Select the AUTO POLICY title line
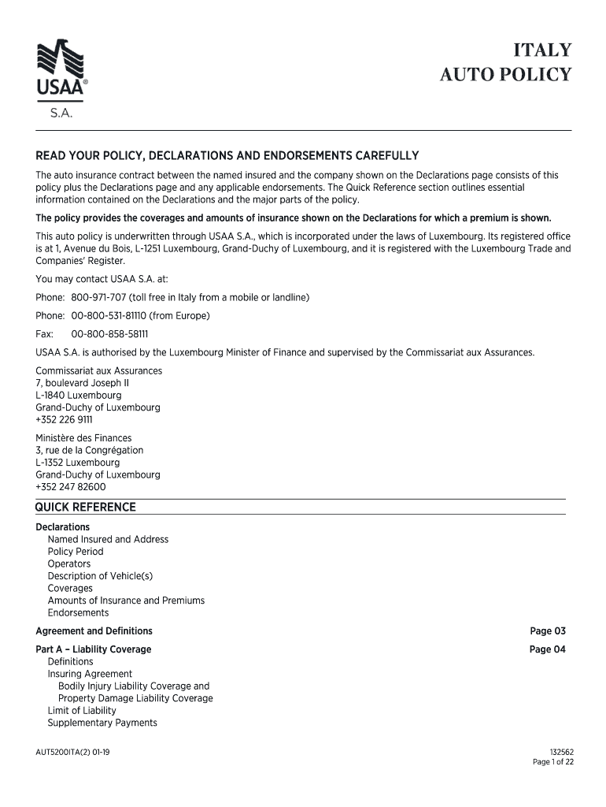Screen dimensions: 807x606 point(504,76)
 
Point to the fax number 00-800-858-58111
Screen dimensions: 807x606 point(109,333)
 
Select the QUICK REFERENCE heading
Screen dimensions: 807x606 point(86,507)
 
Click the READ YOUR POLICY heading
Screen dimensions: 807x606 point(227,155)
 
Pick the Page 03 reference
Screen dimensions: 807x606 point(548,630)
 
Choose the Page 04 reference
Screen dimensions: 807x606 point(548,649)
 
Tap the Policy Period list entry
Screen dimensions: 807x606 point(76,552)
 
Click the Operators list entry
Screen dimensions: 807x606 point(69,563)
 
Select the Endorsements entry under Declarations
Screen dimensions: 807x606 point(78,612)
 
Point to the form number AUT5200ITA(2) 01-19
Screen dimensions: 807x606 point(72,752)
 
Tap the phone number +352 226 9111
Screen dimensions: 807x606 point(64,419)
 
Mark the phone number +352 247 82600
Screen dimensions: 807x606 point(70,487)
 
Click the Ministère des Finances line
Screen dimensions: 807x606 point(83,437)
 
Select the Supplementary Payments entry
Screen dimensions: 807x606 point(102,723)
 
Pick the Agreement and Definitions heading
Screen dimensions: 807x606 point(94,630)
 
